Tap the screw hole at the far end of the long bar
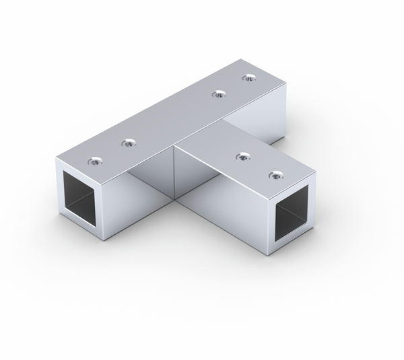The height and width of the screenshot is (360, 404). tap(250, 77)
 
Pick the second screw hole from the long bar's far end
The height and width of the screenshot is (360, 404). tap(217, 94)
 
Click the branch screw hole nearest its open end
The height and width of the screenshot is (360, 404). tap(274, 176)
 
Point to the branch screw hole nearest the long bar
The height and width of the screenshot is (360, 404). tap(240, 156)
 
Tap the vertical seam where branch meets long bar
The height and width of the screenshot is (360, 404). tap(175, 173)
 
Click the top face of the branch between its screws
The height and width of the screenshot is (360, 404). tap(257, 166)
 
